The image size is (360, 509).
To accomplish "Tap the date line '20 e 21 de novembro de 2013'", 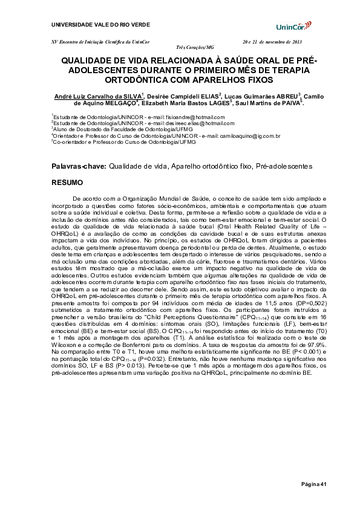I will pos(272,41).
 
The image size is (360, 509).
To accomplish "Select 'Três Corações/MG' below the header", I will pos(195,47).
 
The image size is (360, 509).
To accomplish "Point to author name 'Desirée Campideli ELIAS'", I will pos(183,96).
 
